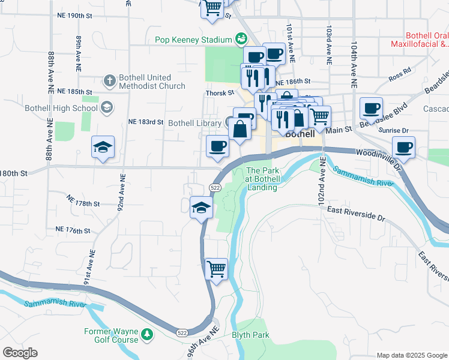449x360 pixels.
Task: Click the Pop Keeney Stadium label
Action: pos(193,40)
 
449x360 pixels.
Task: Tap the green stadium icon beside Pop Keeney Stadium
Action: pos(241,39)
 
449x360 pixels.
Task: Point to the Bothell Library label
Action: pos(194,123)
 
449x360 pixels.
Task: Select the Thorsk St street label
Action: pos(219,93)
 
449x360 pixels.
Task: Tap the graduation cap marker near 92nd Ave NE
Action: pos(103,147)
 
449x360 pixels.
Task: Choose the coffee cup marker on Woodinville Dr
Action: pos(403,147)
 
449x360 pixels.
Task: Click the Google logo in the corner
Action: pos(20,353)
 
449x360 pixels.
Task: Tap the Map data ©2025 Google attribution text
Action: pos(411,355)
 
